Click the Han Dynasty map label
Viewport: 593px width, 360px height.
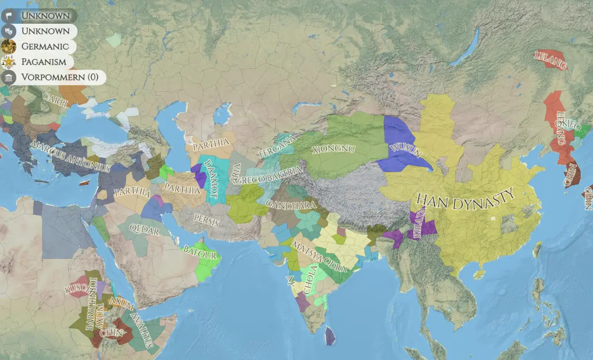point(466,199)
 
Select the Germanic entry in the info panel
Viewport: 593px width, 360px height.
point(44,46)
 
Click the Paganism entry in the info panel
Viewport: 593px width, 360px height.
point(43,62)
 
